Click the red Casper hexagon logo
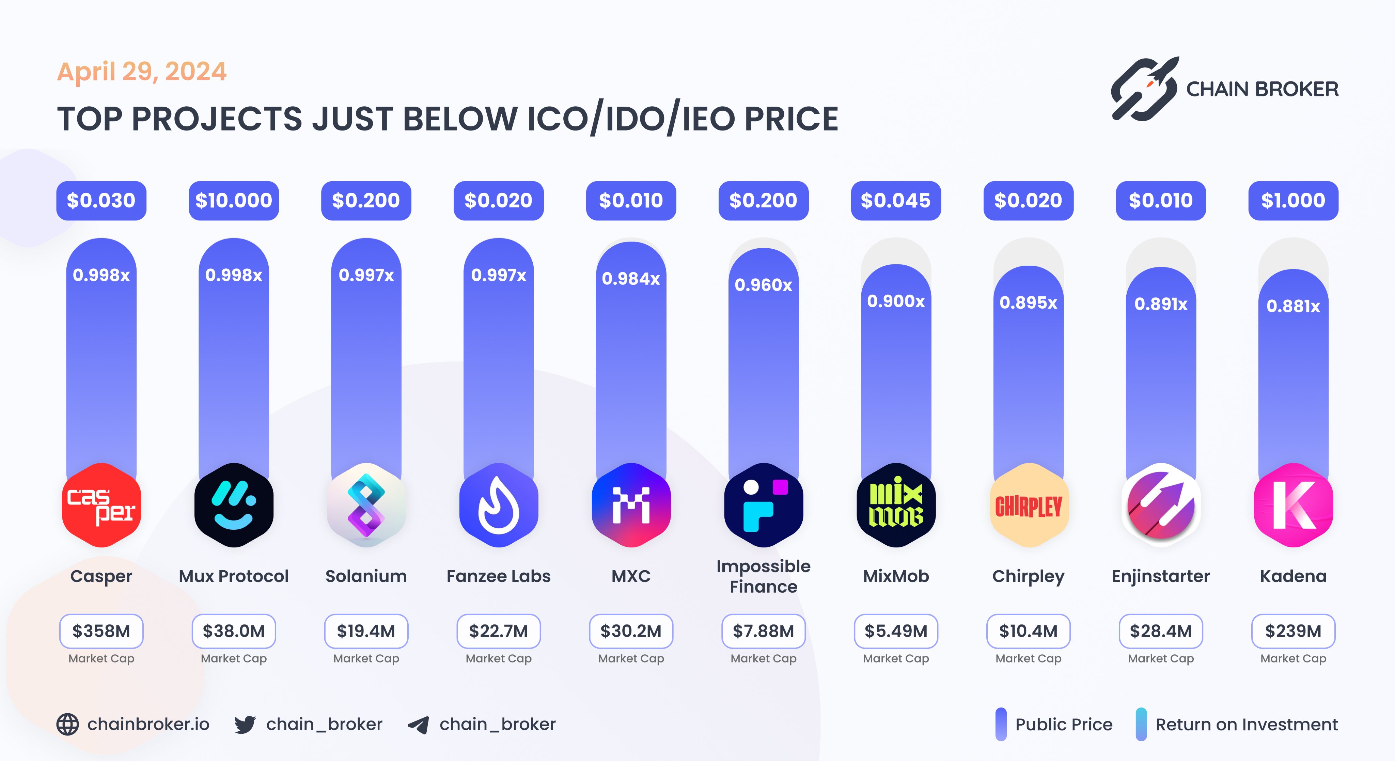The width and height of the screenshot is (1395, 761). [x=101, y=505]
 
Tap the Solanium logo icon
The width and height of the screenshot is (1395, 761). [x=366, y=505]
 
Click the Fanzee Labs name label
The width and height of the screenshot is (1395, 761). [x=498, y=576]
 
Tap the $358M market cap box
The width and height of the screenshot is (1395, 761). [x=101, y=631]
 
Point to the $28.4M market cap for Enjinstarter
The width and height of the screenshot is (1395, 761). [x=1161, y=631]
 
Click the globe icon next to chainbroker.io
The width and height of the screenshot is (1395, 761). [x=68, y=724]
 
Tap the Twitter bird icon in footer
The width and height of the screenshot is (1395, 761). [x=245, y=724]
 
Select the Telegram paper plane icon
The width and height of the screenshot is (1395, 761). [x=418, y=725]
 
